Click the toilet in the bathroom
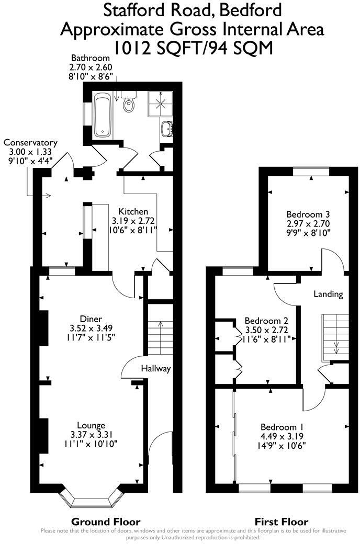(129, 105)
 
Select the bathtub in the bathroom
(103, 115)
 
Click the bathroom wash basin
(168, 128)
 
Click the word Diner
(91, 319)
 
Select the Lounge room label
(91, 425)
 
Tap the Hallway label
(156, 369)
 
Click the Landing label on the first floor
(328, 294)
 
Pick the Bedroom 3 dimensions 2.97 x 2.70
(308, 223)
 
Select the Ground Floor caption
(106, 522)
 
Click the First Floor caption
(282, 522)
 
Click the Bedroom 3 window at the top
(311, 171)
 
